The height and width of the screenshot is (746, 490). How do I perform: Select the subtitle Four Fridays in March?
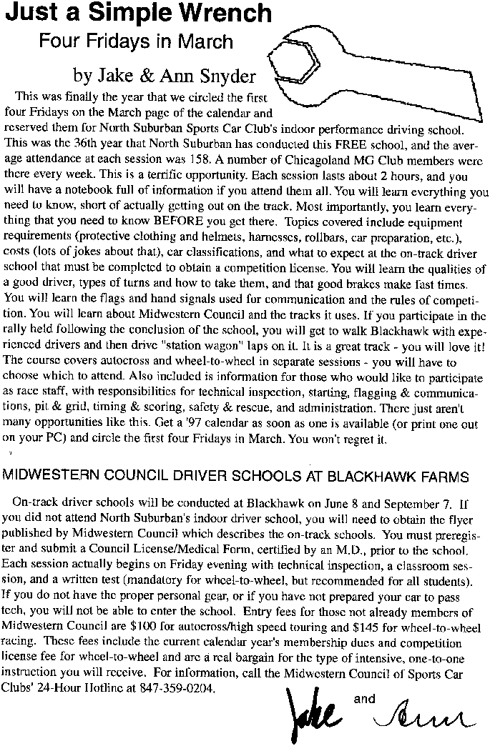pos(136,41)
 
